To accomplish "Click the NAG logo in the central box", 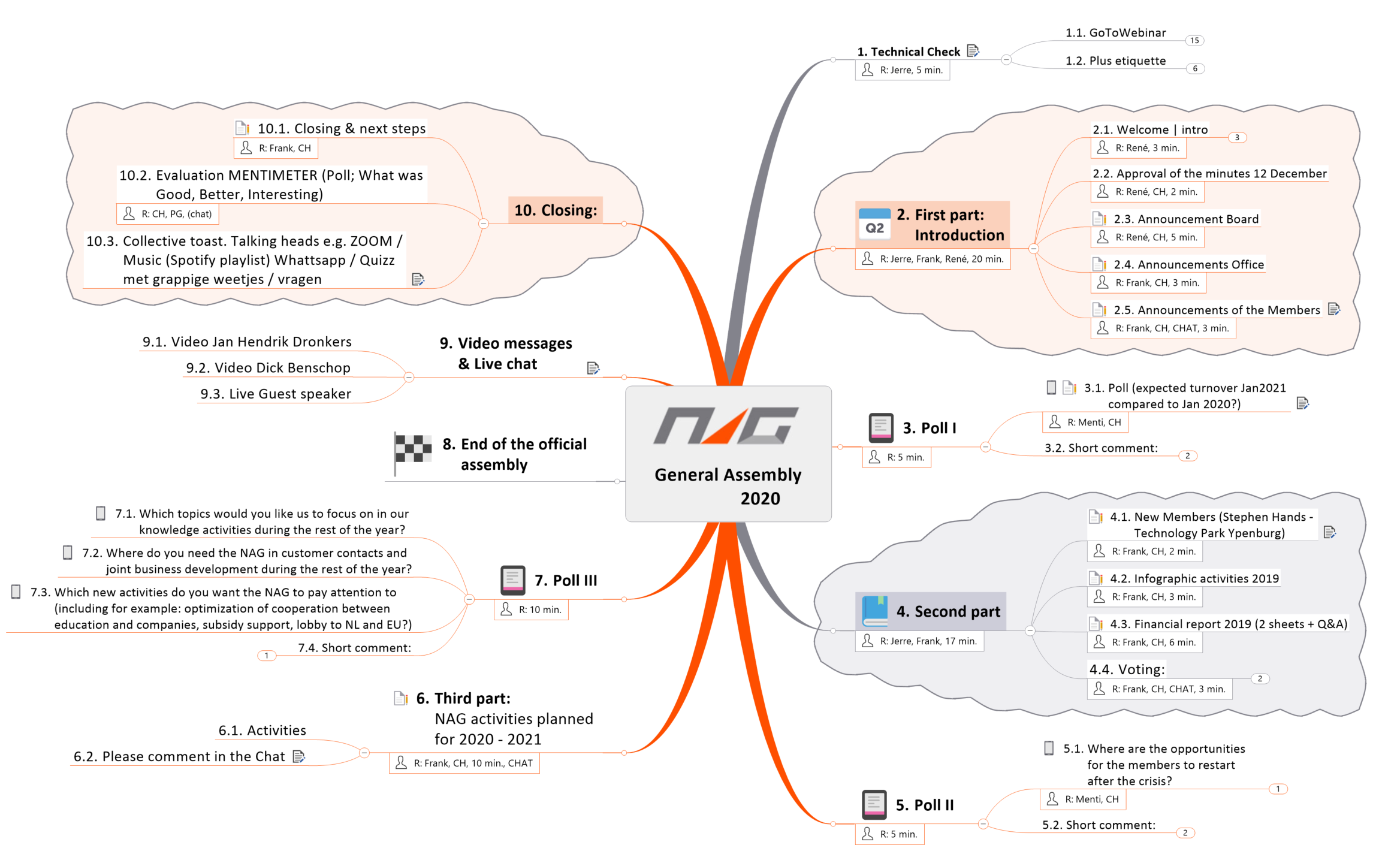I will [726, 426].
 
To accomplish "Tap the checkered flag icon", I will [413, 449].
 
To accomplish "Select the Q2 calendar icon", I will [874, 224].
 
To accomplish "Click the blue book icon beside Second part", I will [874, 611].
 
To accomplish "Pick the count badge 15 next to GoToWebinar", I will [1194, 41].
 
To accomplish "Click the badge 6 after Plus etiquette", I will [1195, 69].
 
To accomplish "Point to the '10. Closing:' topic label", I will [555, 210].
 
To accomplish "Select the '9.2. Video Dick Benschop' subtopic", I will [268, 368].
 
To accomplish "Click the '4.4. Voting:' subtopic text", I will [1127, 669].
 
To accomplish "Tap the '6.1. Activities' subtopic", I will [262, 731].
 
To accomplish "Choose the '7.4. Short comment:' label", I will [354, 648].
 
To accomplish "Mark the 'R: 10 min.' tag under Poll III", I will [531, 609].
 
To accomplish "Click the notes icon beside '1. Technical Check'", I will [973, 52].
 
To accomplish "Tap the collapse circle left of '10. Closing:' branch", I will [484, 224].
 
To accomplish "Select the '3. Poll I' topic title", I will [930, 428].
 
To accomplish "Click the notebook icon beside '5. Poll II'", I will [874, 804].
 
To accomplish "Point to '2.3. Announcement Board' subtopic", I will [1185, 219].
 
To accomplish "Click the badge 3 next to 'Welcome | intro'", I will [1237, 138].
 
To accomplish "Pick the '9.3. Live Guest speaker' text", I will [276, 394].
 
